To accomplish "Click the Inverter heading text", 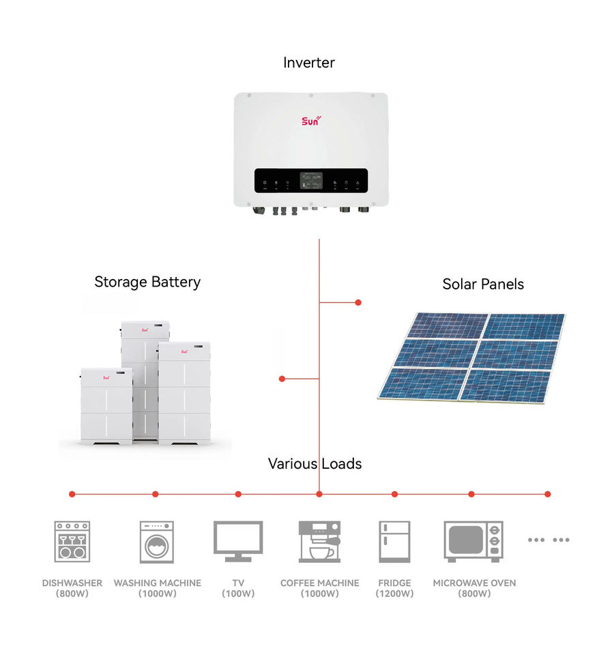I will click(x=309, y=63).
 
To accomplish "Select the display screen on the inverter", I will click(x=311, y=181).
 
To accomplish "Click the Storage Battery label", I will click(x=147, y=282).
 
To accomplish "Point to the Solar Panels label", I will click(x=483, y=284).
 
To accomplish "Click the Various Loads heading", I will click(x=315, y=464).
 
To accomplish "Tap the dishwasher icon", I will click(x=72, y=542).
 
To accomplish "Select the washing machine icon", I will click(x=157, y=542).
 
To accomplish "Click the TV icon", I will click(x=238, y=541).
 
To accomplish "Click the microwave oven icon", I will click(x=473, y=541).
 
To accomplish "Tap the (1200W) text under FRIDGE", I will click(x=394, y=594).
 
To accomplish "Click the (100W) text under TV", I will click(x=238, y=594).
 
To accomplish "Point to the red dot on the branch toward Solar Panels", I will click(x=358, y=302).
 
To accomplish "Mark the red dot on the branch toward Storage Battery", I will click(x=282, y=379).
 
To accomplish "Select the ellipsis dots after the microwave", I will click(x=549, y=540).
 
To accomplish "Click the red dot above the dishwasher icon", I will click(x=72, y=494).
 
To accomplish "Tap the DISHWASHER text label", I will click(x=72, y=583).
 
